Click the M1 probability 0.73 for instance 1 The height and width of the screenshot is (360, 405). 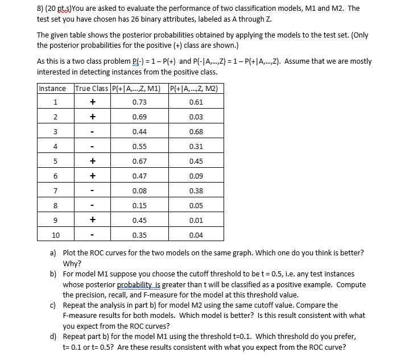pyautogui.click(x=139, y=102)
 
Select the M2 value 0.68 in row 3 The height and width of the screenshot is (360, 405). pyautogui.click(x=196, y=131)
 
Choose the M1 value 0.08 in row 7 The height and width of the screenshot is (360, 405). pyautogui.click(x=139, y=191)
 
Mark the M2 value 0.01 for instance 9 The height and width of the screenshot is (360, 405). pyautogui.click(x=196, y=220)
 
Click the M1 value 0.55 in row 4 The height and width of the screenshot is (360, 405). pyautogui.click(x=139, y=146)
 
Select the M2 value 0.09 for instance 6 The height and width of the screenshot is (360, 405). pyautogui.click(x=196, y=176)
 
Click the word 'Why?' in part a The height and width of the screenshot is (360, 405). pyautogui.click(x=72, y=263)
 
